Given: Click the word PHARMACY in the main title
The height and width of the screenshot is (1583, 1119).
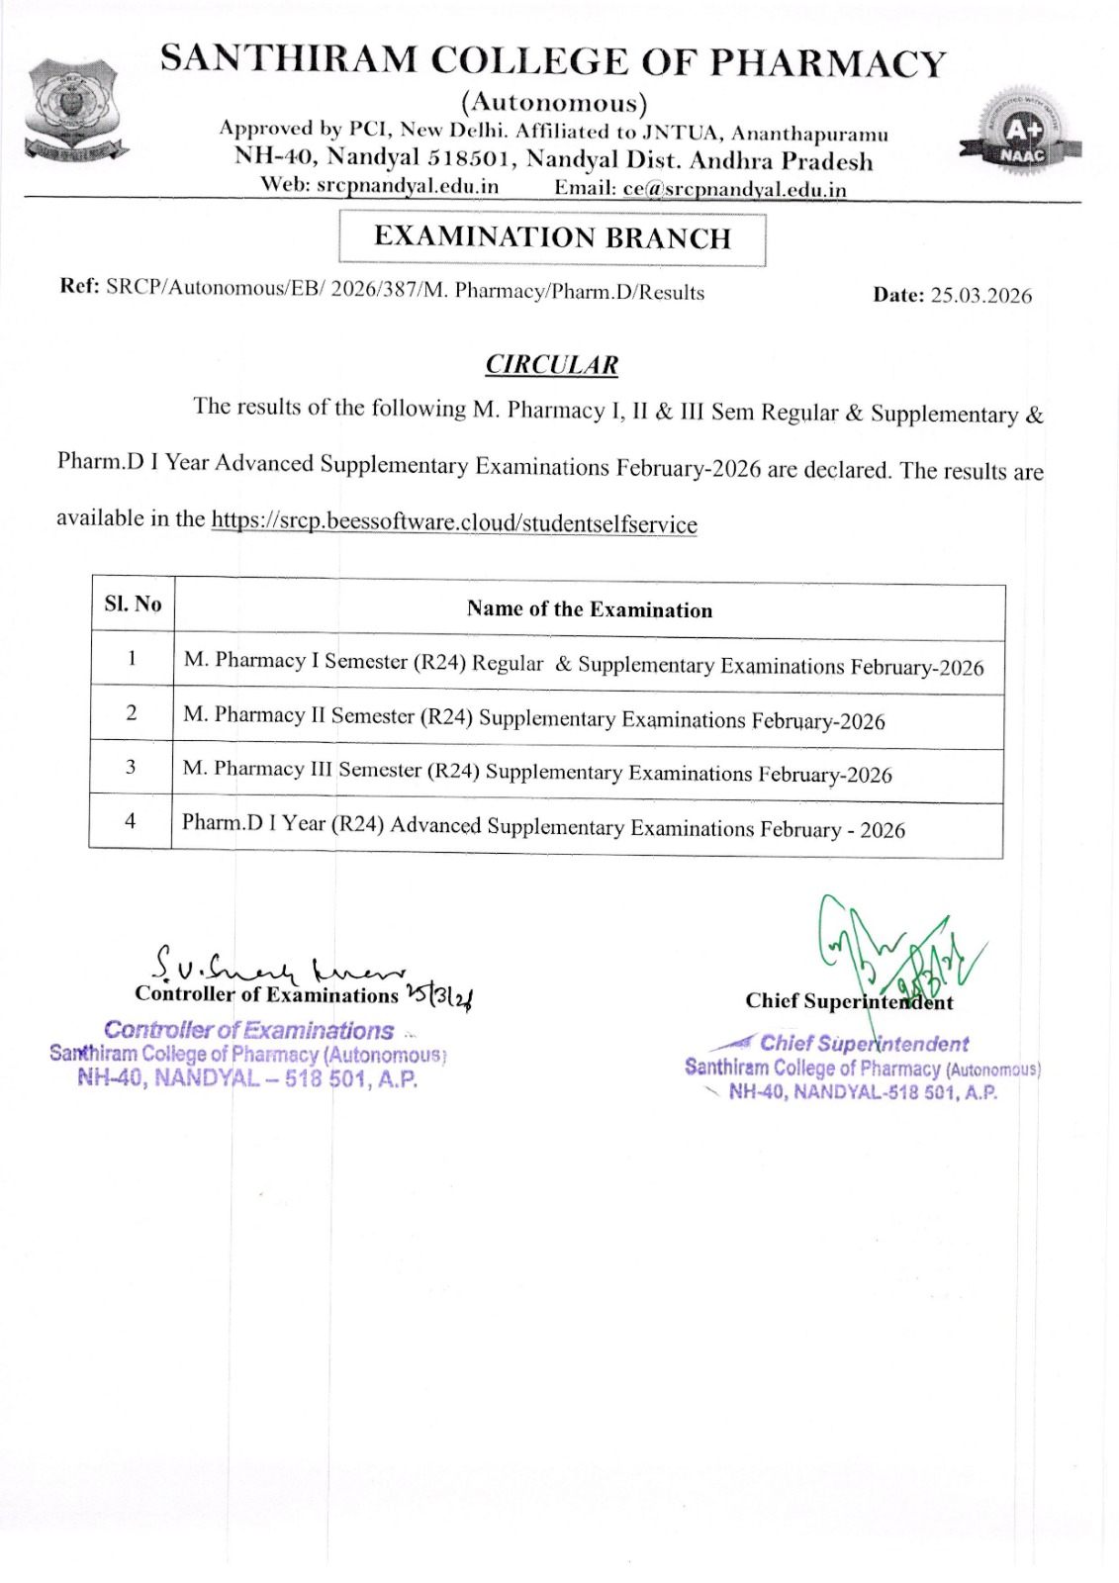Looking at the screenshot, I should [828, 62].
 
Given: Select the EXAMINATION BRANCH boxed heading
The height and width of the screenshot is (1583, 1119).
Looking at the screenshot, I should [552, 238].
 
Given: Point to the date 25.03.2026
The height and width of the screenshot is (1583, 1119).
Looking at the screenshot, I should [980, 296].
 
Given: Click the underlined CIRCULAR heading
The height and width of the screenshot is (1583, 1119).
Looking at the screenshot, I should [551, 365].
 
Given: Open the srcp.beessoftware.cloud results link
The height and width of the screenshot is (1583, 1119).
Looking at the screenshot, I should [453, 521].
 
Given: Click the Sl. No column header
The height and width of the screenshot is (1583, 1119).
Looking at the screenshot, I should [133, 604].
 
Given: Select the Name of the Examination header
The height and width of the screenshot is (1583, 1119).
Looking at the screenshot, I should [589, 609].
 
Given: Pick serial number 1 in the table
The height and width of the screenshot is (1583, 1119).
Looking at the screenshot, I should [132, 658].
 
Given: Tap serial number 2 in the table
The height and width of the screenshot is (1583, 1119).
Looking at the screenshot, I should [131, 712].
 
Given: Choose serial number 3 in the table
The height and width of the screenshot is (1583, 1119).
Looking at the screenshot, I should [131, 767].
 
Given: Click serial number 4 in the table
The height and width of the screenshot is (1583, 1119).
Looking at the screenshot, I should [130, 820].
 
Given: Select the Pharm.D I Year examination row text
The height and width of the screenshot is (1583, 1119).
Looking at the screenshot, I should [543, 826].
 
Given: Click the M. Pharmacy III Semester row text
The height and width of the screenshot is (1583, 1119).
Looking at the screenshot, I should [537, 772].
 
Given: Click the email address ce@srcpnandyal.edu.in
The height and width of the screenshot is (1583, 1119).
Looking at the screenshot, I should [734, 189].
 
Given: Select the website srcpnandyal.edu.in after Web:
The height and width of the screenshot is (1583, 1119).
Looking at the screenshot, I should [408, 186].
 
